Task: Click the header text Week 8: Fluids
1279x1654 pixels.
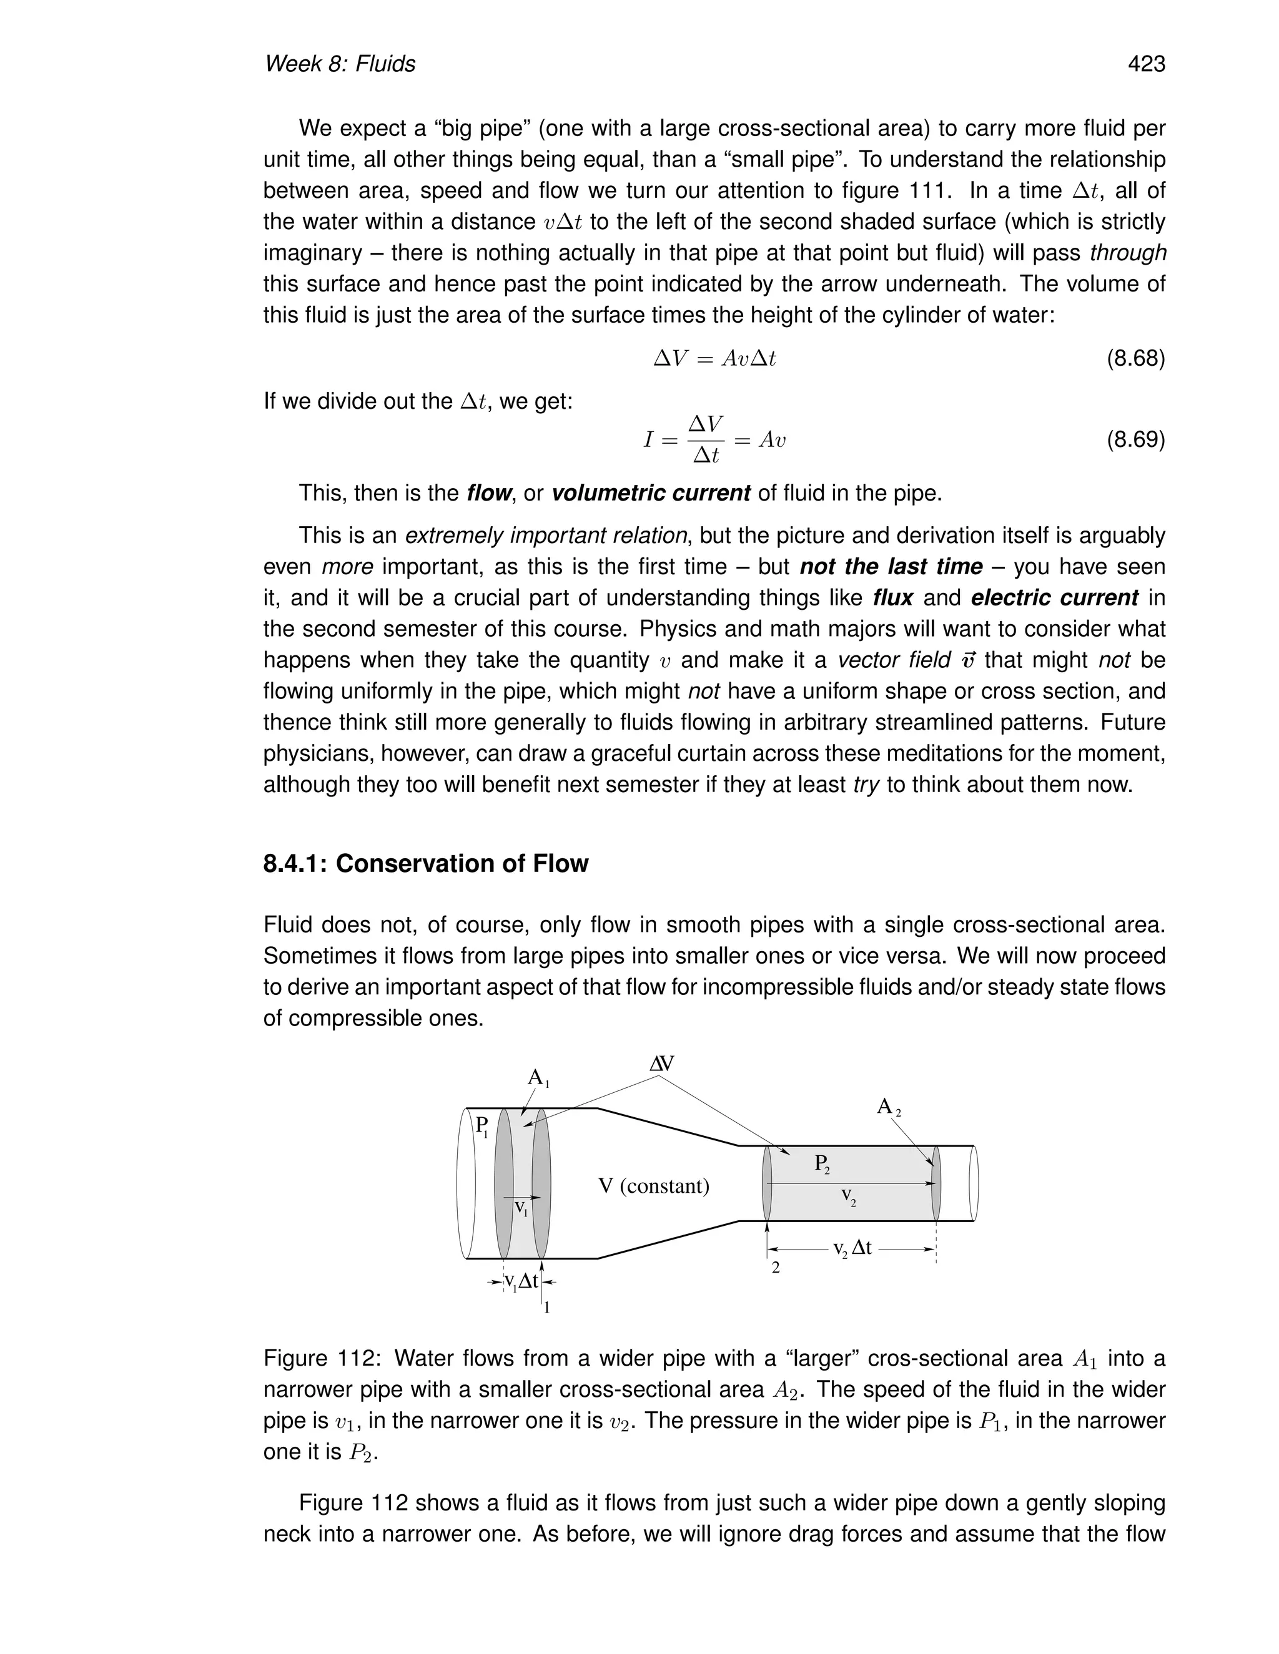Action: point(340,64)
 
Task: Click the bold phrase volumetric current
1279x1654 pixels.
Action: point(650,493)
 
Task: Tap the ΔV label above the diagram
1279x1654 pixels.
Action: point(661,1064)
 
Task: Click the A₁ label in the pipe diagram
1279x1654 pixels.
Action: point(537,1078)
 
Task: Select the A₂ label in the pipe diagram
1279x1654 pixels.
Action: point(888,1107)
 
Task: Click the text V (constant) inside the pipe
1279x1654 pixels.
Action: point(653,1186)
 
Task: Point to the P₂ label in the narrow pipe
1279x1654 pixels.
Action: point(822,1164)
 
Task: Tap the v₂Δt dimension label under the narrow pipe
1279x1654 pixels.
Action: point(852,1248)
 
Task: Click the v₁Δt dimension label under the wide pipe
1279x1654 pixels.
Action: point(521,1281)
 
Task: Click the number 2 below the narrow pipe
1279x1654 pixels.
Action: point(775,1268)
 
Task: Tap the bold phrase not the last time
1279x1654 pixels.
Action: point(891,567)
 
